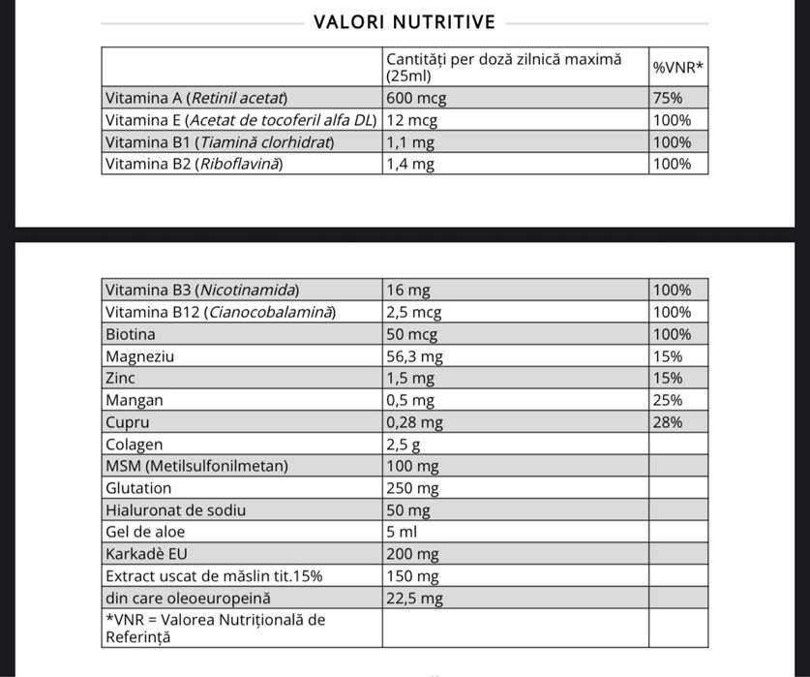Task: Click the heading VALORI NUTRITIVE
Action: [405, 22]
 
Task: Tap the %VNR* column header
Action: [677, 67]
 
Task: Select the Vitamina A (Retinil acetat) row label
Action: [197, 98]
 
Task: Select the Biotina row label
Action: [131, 334]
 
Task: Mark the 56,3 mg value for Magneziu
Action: [414, 356]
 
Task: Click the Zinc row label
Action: [120, 378]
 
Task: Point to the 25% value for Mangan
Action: [668, 400]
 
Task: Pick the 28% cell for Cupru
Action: [668, 422]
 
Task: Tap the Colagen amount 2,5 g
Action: [403, 445]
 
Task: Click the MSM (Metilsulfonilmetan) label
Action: [196, 466]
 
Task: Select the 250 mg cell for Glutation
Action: [412, 488]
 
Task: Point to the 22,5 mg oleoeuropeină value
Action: [414, 599]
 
